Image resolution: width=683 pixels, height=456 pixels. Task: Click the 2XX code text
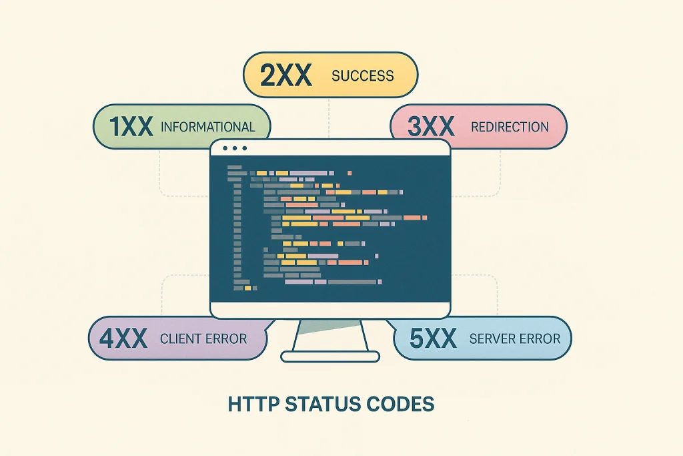click(286, 75)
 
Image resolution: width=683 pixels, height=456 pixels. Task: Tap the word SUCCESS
click(362, 76)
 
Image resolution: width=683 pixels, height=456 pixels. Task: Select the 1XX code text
click(131, 127)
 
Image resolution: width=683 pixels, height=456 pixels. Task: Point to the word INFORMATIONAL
click(208, 127)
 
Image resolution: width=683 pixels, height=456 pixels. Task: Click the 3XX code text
click(431, 126)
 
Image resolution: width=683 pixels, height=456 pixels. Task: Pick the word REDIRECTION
click(510, 127)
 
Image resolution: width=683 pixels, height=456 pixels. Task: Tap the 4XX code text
click(123, 338)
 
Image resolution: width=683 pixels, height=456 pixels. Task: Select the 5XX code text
click(434, 338)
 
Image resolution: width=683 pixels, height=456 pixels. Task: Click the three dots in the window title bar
click(235, 148)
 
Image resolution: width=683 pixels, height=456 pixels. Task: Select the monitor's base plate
click(330, 357)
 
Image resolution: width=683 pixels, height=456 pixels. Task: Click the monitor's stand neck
click(330, 335)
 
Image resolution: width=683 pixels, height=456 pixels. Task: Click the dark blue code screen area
click(330, 228)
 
